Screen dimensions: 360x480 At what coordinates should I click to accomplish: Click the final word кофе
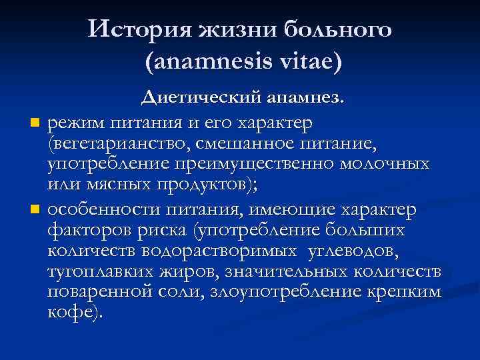click(x=73, y=313)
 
